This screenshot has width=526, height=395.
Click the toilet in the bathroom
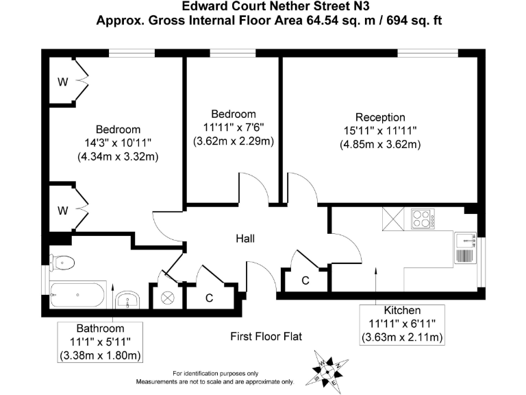(x=62, y=262)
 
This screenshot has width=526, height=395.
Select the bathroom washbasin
(x=128, y=300)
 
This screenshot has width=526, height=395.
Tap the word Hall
(x=245, y=239)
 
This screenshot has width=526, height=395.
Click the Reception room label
(x=380, y=117)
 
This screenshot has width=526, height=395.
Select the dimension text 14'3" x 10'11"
(x=118, y=143)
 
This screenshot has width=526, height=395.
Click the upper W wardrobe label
(x=62, y=82)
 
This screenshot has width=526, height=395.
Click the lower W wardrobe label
(x=62, y=209)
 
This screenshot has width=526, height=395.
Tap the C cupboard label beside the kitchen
(x=305, y=280)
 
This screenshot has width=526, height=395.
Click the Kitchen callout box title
(x=402, y=311)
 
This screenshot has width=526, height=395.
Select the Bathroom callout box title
(x=100, y=328)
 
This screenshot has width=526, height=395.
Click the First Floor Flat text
(x=266, y=337)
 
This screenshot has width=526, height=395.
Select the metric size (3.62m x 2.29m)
(x=234, y=141)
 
